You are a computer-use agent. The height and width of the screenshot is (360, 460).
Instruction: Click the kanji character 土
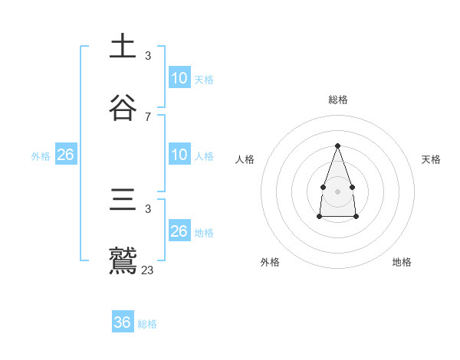[123, 47]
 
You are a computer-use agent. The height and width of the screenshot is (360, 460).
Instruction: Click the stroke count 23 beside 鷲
[148, 270]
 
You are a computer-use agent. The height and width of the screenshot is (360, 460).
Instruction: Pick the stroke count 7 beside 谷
[148, 116]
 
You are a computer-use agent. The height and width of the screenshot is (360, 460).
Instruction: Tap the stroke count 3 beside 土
[148, 56]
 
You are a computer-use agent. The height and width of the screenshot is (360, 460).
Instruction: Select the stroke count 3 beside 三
[148, 208]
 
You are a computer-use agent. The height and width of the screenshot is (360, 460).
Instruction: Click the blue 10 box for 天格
[179, 78]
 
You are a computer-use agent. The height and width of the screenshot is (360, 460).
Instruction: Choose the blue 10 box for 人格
[179, 155]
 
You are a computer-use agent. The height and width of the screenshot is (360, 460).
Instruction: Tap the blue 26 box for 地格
[179, 231]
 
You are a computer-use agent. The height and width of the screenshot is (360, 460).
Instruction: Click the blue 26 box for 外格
[66, 155]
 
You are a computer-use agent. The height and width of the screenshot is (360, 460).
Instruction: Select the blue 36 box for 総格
[123, 322]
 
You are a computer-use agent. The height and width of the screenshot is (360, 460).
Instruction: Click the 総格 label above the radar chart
[337, 100]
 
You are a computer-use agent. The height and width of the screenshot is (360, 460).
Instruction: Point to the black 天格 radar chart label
[431, 159]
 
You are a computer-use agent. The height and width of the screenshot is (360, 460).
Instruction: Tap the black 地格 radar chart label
[402, 262]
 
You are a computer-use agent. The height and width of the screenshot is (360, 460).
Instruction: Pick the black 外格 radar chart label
[270, 262]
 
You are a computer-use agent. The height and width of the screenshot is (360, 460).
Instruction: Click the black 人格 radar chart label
[245, 159]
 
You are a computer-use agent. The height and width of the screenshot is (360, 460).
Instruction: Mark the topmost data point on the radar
[337, 146]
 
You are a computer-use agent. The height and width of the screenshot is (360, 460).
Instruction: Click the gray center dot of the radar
[337, 191]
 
